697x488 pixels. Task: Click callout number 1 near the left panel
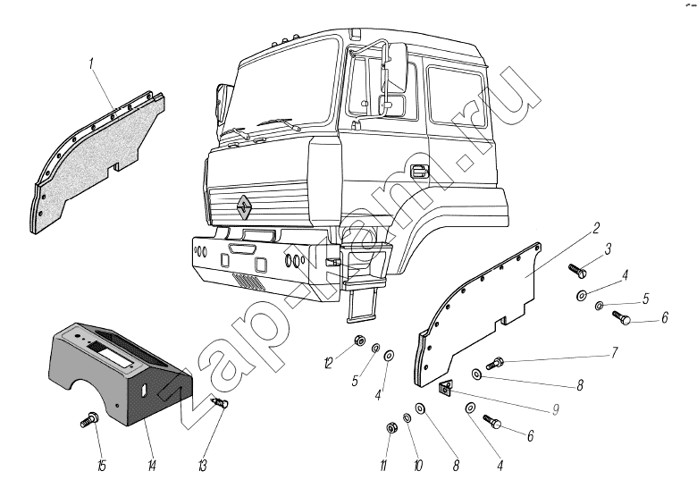coord(92,63)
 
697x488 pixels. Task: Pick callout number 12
coord(328,363)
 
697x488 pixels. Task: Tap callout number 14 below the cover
coord(151,464)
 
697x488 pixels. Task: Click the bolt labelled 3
coord(577,267)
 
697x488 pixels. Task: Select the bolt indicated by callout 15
coord(89,416)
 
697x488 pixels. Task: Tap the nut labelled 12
coord(357,341)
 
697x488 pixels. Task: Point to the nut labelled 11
coord(391,427)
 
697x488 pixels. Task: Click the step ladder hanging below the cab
coord(362,301)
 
